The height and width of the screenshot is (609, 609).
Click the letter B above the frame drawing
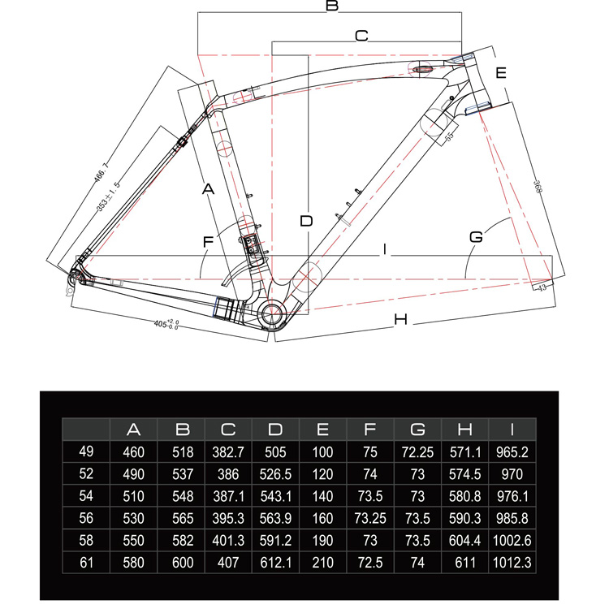point(332,6)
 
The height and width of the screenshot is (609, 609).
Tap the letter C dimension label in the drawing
point(361,36)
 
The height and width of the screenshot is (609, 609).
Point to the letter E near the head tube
point(501,72)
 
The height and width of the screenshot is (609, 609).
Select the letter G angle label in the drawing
point(476,236)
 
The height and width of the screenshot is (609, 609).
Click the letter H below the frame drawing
point(401,319)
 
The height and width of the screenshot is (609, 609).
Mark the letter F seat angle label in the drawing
point(208,242)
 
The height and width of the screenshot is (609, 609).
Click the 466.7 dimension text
point(101,173)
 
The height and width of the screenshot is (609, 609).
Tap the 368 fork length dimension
point(538,187)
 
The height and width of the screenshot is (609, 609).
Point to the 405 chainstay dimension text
point(166,324)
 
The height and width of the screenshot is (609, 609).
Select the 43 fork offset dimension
point(542,287)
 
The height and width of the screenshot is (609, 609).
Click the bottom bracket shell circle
point(273,314)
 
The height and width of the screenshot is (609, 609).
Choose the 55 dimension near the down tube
point(449,136)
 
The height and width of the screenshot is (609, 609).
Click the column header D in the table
point(275,430)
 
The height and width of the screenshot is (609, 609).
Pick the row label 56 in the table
point(86,518)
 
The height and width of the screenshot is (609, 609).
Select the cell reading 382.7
point(228,452)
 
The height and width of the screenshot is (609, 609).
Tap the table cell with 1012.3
point(512,563)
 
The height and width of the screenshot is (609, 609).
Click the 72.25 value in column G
point(417,452)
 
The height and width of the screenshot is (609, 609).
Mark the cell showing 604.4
point(464,540)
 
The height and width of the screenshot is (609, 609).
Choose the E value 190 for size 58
point(322,540)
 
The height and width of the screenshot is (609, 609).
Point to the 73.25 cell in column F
point(370,518)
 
